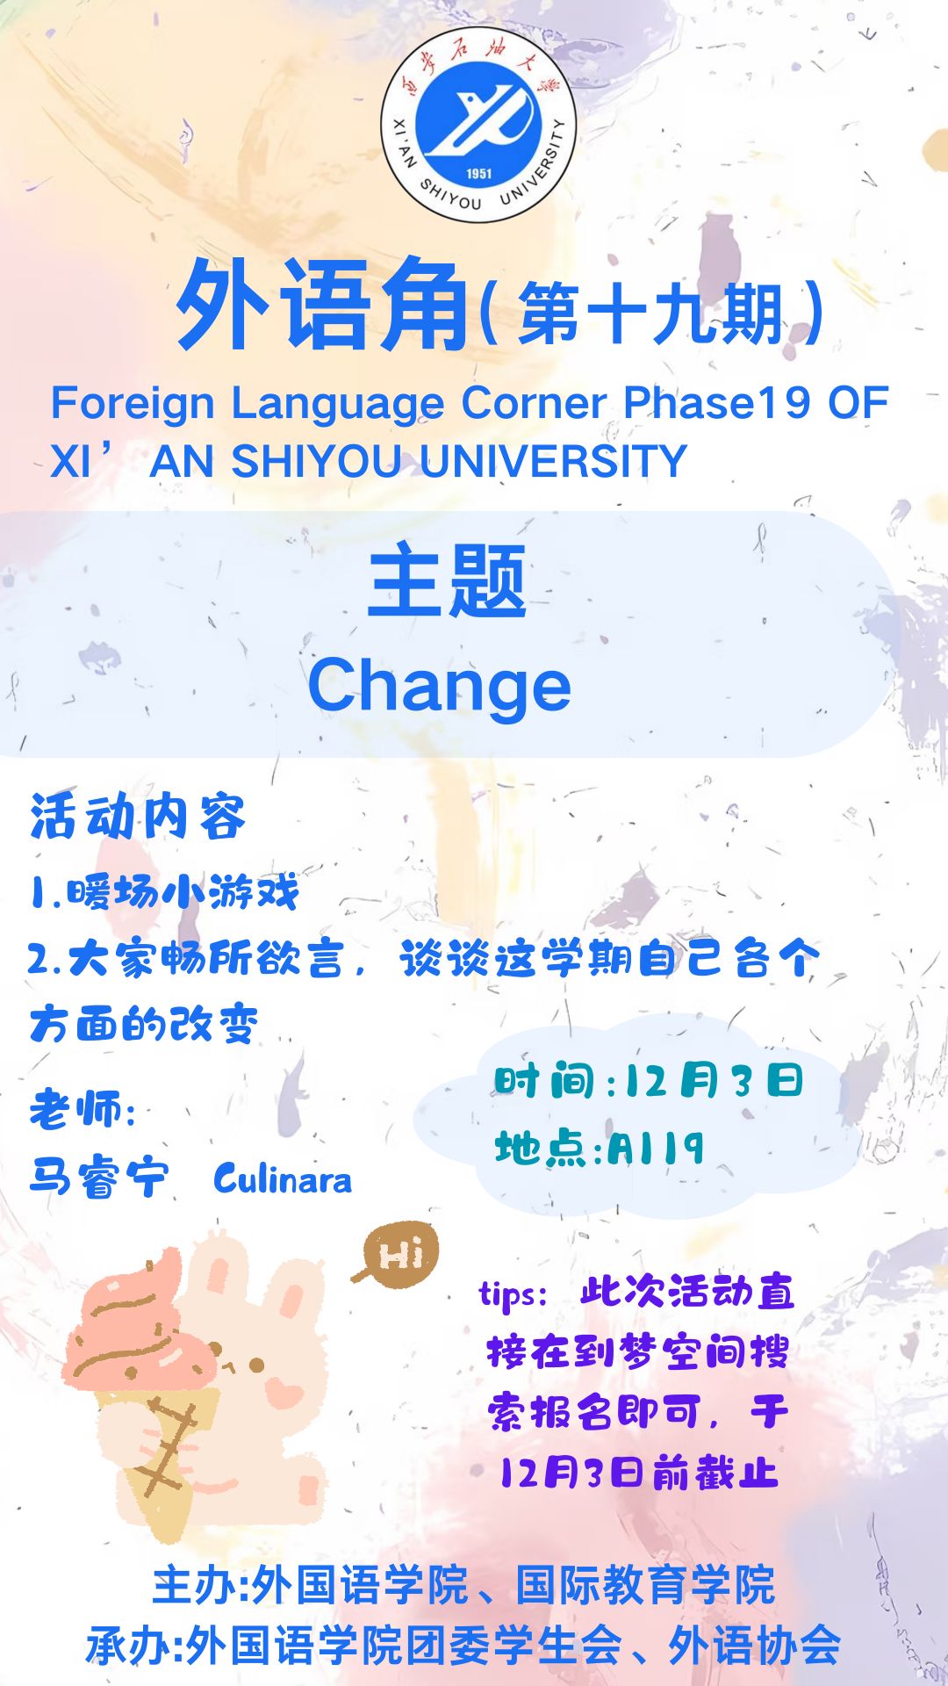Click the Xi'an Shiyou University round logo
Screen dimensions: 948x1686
point(478,125)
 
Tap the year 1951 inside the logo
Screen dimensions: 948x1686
point(479,173)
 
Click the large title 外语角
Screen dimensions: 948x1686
point(323,305)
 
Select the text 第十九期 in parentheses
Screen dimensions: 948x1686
point(650,313)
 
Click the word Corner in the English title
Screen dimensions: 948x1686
point(534,403)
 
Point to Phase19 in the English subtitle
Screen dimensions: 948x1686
point(716,403)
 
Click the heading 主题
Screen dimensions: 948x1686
point(447,580)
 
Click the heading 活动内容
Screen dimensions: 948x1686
point(138,817)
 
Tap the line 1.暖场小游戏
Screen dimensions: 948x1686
point(164,893)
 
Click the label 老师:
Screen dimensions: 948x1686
point(83,1108)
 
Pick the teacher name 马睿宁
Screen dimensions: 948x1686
point(98,1177)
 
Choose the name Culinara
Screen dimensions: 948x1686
point(283,1178)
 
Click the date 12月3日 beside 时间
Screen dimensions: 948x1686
point(714,1080)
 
